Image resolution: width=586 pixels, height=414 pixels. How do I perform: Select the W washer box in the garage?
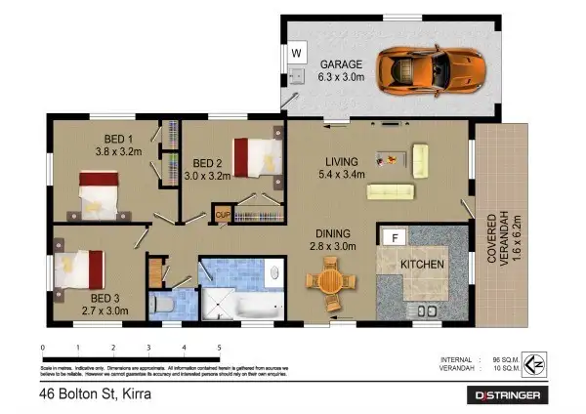tap(296, 54)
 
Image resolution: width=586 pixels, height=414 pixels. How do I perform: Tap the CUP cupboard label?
tap(222, 214)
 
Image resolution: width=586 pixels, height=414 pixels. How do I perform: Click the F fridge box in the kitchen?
tap(395, 237)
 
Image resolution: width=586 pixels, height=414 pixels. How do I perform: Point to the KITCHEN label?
tap(422, 265)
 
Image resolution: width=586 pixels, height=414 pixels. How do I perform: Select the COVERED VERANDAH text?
tap(489, 244)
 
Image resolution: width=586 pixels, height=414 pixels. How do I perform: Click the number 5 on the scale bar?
tap(218, 348)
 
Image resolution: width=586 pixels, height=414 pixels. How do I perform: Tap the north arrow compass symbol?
tap(533, 365)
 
